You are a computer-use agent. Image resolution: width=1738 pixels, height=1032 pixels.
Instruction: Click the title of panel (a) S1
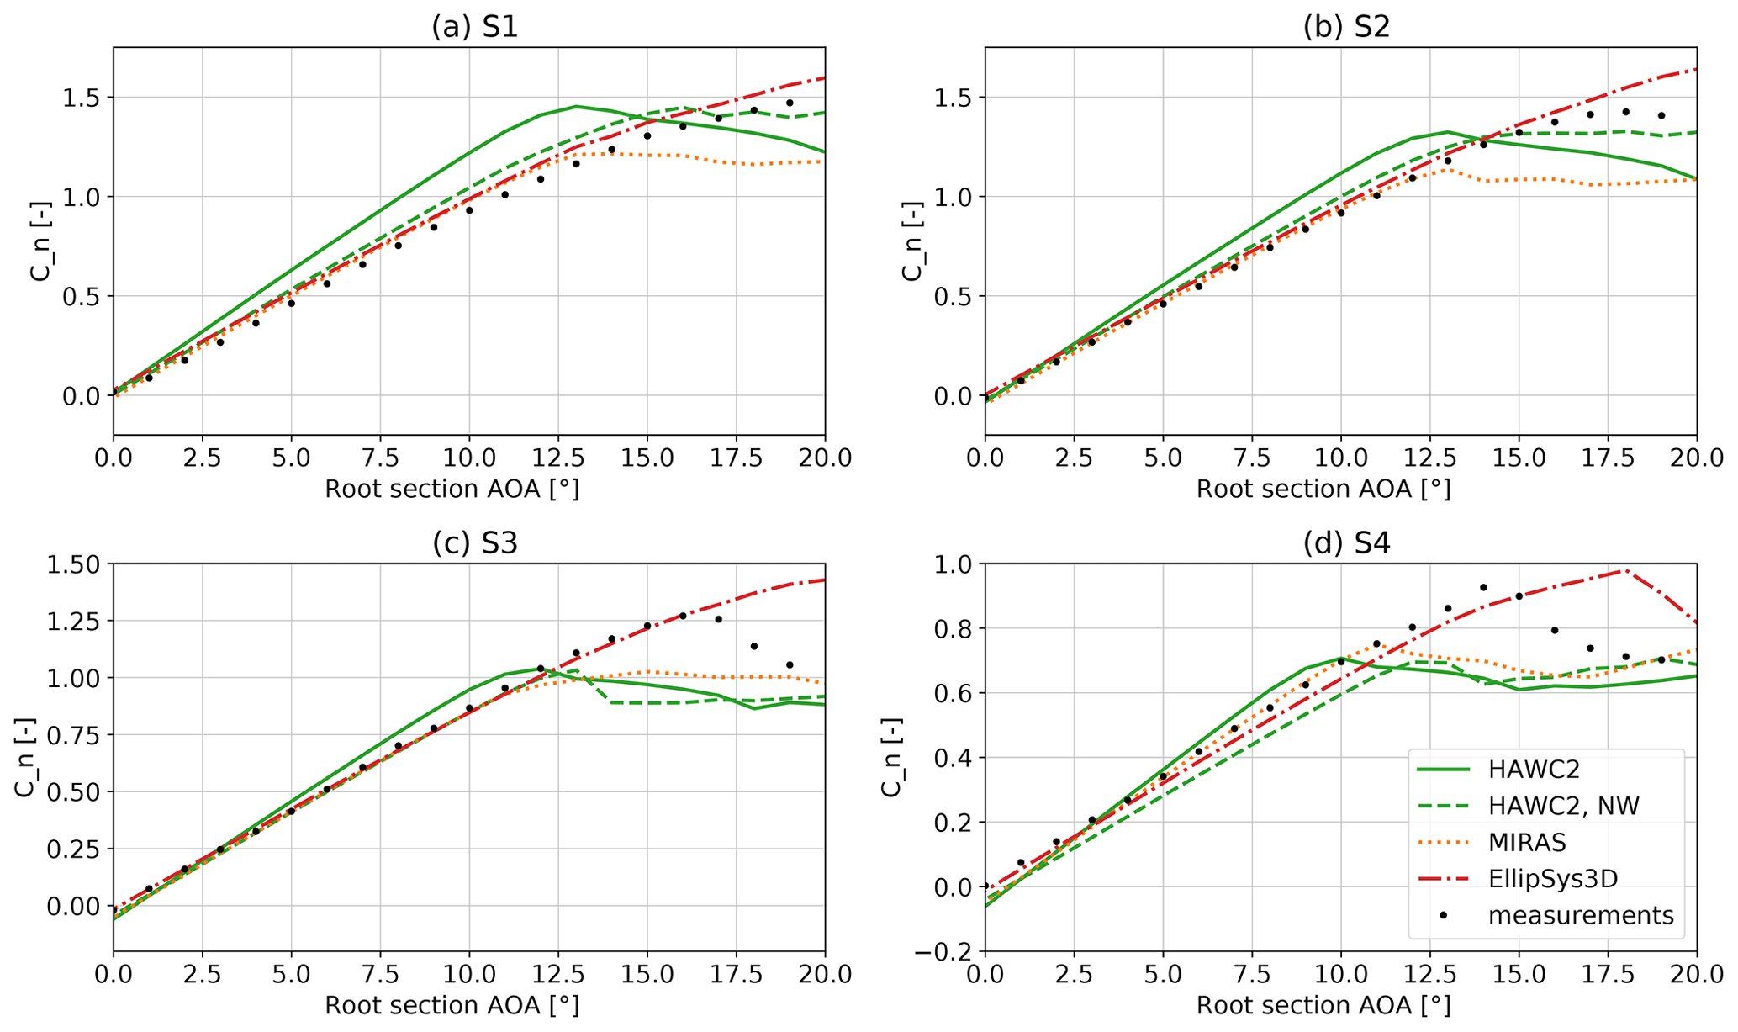pos(474,27)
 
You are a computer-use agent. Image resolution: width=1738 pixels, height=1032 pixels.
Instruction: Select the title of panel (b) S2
pos(1346,27)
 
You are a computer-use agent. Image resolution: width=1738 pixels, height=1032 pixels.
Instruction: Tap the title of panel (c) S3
pos(474,543)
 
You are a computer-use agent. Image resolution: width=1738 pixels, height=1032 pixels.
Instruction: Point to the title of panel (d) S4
pos(1346,543)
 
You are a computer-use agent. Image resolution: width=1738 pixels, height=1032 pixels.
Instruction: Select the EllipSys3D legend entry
pos(1552,878)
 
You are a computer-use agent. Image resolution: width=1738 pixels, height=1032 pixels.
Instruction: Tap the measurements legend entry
pos(1580,915)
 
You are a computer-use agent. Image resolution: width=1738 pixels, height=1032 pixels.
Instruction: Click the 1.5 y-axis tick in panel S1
pos(83,98)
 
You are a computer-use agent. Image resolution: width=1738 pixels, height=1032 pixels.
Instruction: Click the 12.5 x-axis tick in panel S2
pos(1429,458)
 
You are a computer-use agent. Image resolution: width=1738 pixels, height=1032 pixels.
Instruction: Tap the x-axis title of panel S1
pos(452,490)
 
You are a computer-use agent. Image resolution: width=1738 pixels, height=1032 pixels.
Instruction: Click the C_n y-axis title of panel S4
pos(891,757)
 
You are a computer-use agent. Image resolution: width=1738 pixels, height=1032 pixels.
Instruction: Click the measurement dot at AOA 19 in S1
pos(790,103)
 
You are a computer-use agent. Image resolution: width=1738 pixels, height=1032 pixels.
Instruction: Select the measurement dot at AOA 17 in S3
pos(718,619)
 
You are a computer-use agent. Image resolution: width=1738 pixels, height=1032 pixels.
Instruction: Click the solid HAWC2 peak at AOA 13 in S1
pos(576,107)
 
